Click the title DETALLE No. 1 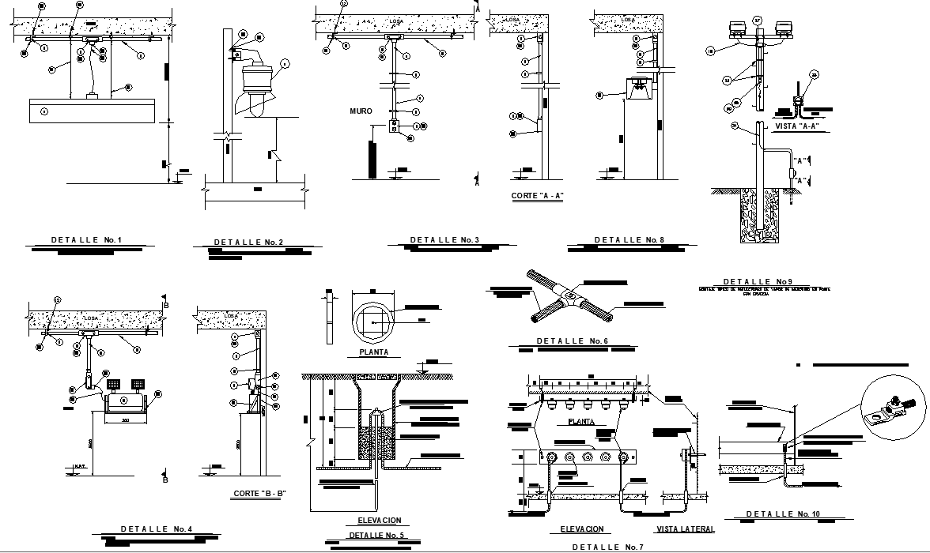[x=87, y=239]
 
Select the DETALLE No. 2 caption [x=248, y=242]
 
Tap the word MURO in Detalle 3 [x=361, y=111]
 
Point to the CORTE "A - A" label [x=538, y=195]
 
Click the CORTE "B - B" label [x=259, y=494]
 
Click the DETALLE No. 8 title [x=629, y=239]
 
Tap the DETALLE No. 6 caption [x=571, y=341]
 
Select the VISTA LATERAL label [x=686, y=529]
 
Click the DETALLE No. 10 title [x=784, y=514]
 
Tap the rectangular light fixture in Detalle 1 [x=94, y=111]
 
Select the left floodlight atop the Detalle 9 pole [x=737, y=30]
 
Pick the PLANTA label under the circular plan [x=373, y=352]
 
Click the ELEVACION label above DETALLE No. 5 [x=374, y=521]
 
